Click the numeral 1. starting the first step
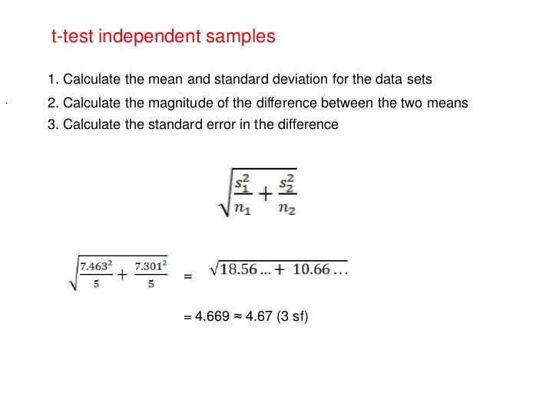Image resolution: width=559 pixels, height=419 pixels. coord(52,80)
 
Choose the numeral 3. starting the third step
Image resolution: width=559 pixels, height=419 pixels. coord(52,125)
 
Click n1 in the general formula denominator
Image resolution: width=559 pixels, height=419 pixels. coord(243,209)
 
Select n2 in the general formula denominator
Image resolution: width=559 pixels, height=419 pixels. coord(286,209)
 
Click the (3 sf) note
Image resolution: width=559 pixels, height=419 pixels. coord(293,315)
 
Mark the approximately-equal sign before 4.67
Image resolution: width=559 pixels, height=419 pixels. coord(237,315)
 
